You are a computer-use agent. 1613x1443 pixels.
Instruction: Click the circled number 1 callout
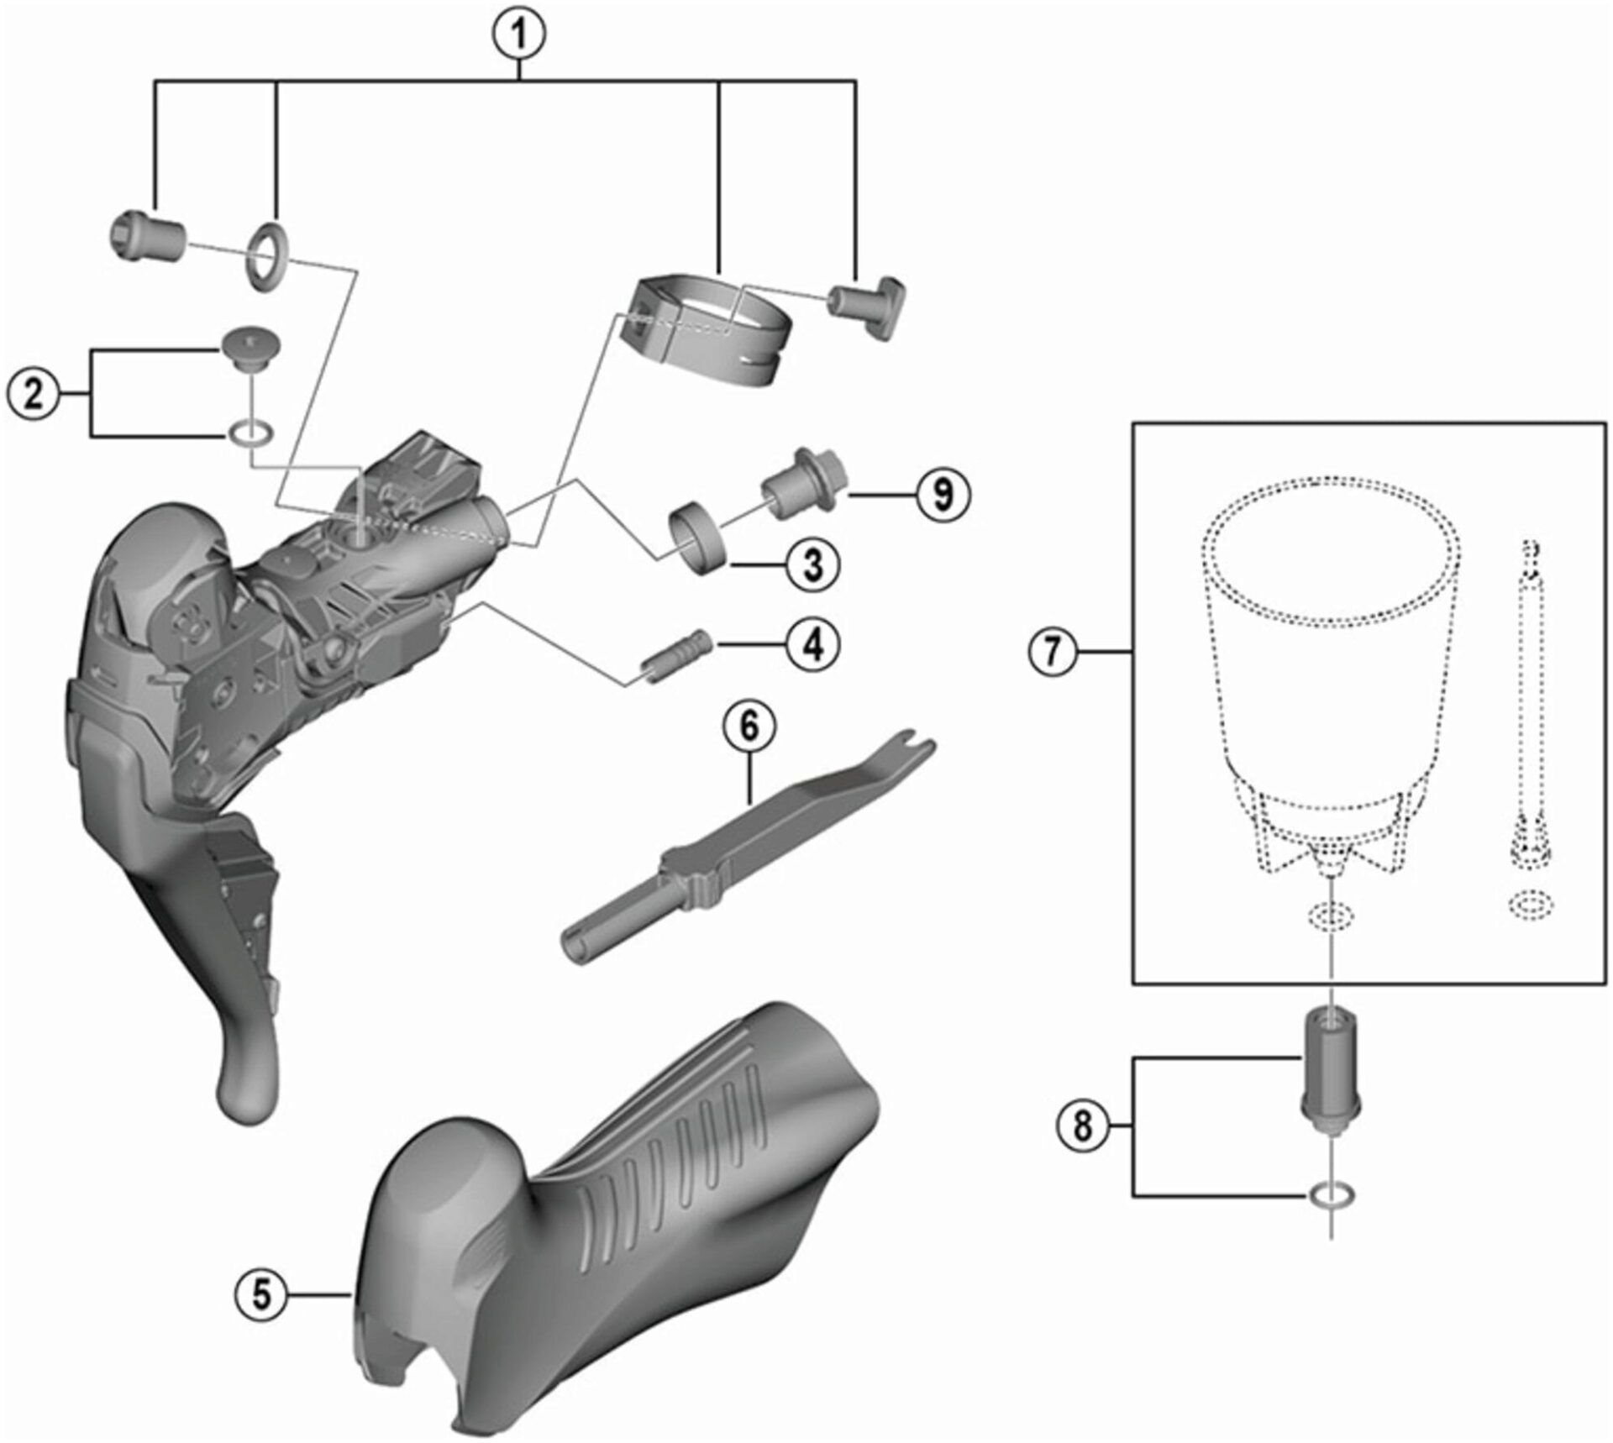[518, 34]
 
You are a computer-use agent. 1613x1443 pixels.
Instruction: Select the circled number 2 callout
[33, 393]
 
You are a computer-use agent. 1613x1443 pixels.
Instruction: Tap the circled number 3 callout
[812, 564]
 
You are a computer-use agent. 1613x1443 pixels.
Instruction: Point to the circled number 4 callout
[812, 645]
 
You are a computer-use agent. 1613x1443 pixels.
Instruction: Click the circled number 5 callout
[262, 1294]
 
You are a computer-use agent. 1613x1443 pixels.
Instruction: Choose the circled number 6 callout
[749, 726]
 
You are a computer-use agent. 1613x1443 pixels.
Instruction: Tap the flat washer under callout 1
[267, 255]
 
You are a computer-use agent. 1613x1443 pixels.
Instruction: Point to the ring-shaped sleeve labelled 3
[696, 536]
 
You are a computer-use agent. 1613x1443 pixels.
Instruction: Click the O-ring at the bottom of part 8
[1332, 1194]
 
